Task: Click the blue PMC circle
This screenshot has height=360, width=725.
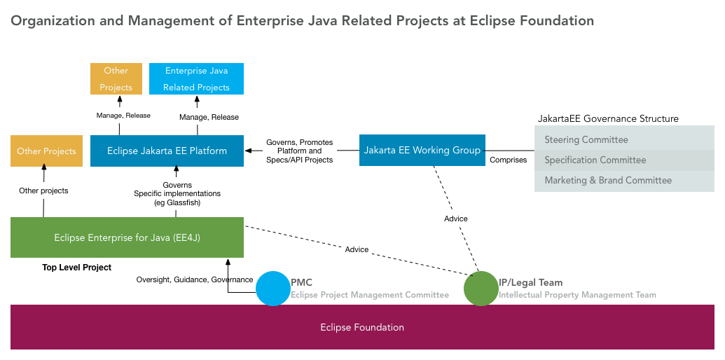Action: (x=273, y=288)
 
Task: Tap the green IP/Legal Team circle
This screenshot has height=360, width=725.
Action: (x=481, y=288)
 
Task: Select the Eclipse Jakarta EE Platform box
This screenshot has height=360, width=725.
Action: (x=167, y=151)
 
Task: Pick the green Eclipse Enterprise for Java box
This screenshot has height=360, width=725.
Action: (x=127, y=237)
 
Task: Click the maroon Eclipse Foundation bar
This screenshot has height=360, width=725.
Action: (x=362, y=327)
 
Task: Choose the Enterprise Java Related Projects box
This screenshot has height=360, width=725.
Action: (x=196, y=78)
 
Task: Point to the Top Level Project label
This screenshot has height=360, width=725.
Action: (x=76, y=268)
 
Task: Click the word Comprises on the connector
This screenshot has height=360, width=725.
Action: (x=508, y=160)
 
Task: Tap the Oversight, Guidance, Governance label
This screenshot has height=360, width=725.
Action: (x=195, y=279)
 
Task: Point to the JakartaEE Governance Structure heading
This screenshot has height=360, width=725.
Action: (x=608, y=118)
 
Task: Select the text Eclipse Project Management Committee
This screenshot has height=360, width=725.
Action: (x=370, y=295)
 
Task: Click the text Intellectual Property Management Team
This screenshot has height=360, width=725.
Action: (x=577, y=295)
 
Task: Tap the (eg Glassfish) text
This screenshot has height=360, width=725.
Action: (x=177, y=202)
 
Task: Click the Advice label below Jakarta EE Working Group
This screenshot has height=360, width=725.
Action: (x=456, y=219)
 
